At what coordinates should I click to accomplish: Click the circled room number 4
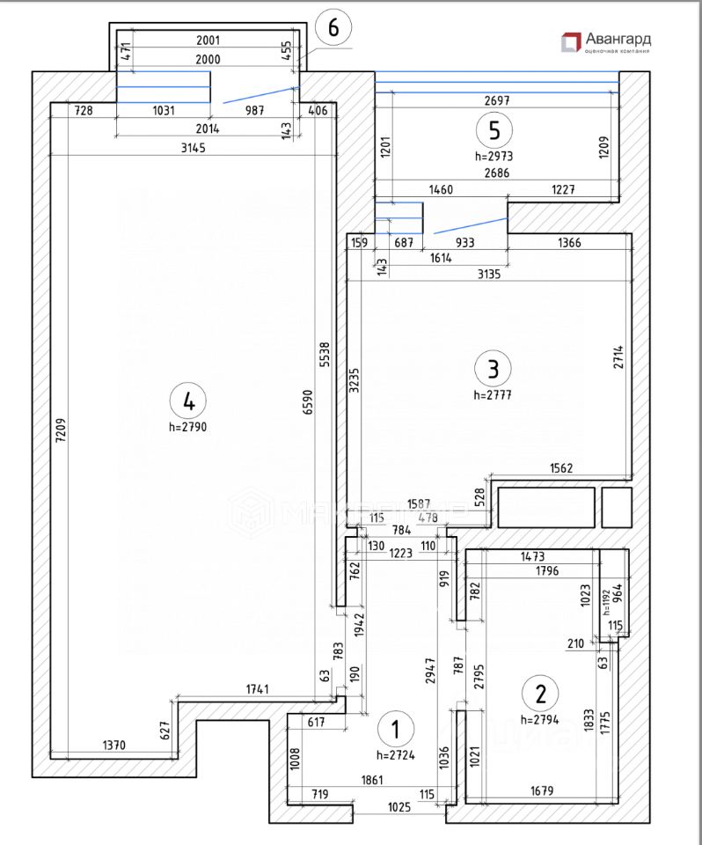pyautogui.click(x=187, y=401)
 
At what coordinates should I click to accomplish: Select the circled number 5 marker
pyautogui.click(x=494, y=130)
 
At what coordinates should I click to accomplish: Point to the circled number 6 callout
pyautogui.click(x=333, y=27)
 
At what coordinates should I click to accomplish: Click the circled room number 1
pyautogui.click(x=394, y=729)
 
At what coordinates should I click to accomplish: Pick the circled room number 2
pyautogui.click(x=541, y=693)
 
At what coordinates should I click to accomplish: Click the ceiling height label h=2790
pyautogui.click(x=187, y=426)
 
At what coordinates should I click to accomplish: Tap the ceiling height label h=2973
pyautogui.click(x=494, y=155)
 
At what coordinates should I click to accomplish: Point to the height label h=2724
pyautogui.click(x=394, y=754)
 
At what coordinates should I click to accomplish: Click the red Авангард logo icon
pyautogui.click(x=571, y=40)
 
